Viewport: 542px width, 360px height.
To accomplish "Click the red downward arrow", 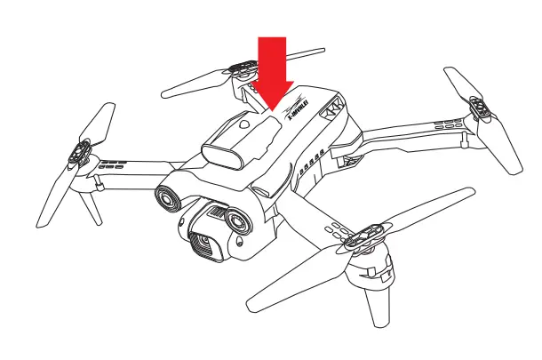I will click(272, 71).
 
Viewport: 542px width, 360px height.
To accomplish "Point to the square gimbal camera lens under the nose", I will click(203, 241).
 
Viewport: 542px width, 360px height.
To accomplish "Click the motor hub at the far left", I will click(79, 156).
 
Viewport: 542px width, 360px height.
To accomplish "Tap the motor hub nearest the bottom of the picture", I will click(362, 238).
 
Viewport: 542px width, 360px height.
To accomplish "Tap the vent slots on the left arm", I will click(113, 164).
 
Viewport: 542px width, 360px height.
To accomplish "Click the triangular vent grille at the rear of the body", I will click(334, 108).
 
